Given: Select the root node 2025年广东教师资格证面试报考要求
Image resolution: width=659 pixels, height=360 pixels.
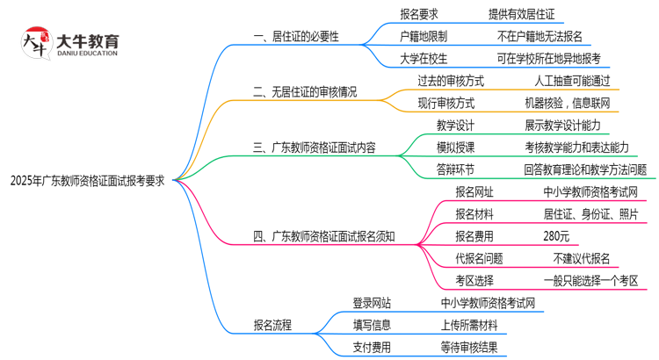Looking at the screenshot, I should [x=87, y=180].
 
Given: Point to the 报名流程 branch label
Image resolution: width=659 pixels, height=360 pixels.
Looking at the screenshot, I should [x=272, y=325].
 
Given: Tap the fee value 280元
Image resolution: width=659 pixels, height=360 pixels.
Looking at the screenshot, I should [x=556, y=235].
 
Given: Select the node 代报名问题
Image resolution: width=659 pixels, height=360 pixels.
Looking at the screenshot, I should [x=479, y=258].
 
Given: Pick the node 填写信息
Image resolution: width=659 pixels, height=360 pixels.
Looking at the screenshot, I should [x=372, y=325].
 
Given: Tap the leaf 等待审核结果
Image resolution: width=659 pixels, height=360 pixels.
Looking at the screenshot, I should [x=474, y=347].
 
